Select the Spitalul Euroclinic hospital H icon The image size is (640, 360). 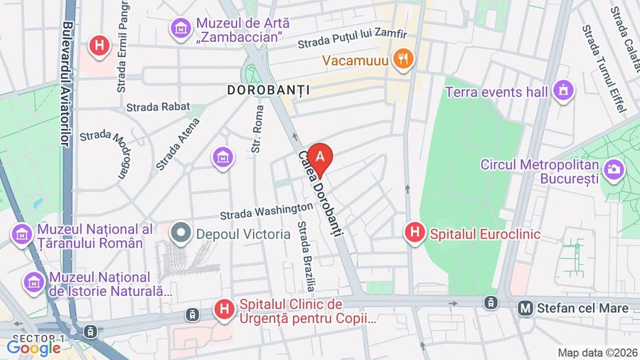[x=415, y=233]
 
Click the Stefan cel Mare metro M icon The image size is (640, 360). [x=526, y=308]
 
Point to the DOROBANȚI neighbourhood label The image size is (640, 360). [x=269, y=90]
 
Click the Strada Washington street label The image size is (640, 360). [x=265, y=210]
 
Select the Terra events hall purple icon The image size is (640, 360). [x=563, y=91]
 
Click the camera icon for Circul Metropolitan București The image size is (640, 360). [x=614, y=170]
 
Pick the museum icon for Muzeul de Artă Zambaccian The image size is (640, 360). [x=180, y=29]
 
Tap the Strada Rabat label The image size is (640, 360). [x=158, y=107]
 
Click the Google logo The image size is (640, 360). [x=33, y=348]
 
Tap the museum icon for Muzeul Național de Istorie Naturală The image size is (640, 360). [x=33, y=282]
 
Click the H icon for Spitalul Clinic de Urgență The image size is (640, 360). [x=224, y=309]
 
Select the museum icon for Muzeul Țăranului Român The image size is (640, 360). [x=21, y=233]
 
